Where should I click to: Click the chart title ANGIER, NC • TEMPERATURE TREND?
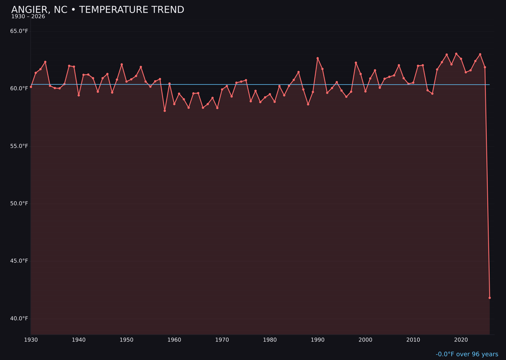97,10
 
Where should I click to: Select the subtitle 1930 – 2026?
28,17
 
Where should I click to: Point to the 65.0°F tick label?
19,31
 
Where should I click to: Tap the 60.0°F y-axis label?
19,89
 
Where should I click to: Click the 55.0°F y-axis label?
19,146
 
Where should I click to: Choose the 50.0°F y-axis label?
19,203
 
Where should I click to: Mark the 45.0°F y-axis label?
19,261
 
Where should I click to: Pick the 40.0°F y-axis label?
19,319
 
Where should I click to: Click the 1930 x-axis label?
31,340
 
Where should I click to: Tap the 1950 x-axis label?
126,340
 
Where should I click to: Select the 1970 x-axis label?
222,340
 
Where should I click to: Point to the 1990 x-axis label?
318,340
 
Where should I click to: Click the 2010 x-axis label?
413,340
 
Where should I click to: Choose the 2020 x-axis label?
461,340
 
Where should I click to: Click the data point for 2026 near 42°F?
490,298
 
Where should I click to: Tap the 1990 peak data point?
318,58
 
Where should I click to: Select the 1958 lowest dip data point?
164,111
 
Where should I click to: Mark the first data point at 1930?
31,87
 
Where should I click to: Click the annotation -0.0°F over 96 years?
467,354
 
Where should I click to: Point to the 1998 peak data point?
356,63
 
